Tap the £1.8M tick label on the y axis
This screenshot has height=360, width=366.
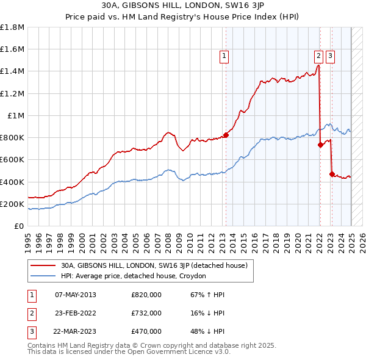pos(12,27)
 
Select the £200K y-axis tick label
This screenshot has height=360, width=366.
pos(12,204)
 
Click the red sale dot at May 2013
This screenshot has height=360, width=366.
pos(226,135)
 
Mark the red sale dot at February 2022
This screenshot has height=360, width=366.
pos(320,145)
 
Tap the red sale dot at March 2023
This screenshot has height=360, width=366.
pos(332,174)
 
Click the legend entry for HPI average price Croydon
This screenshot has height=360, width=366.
pos(134,276)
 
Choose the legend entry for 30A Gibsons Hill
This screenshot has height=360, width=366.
pos(153,265)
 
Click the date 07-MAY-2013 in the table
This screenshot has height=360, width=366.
pos(76,295)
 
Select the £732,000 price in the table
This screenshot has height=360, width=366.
pos(146,313)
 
